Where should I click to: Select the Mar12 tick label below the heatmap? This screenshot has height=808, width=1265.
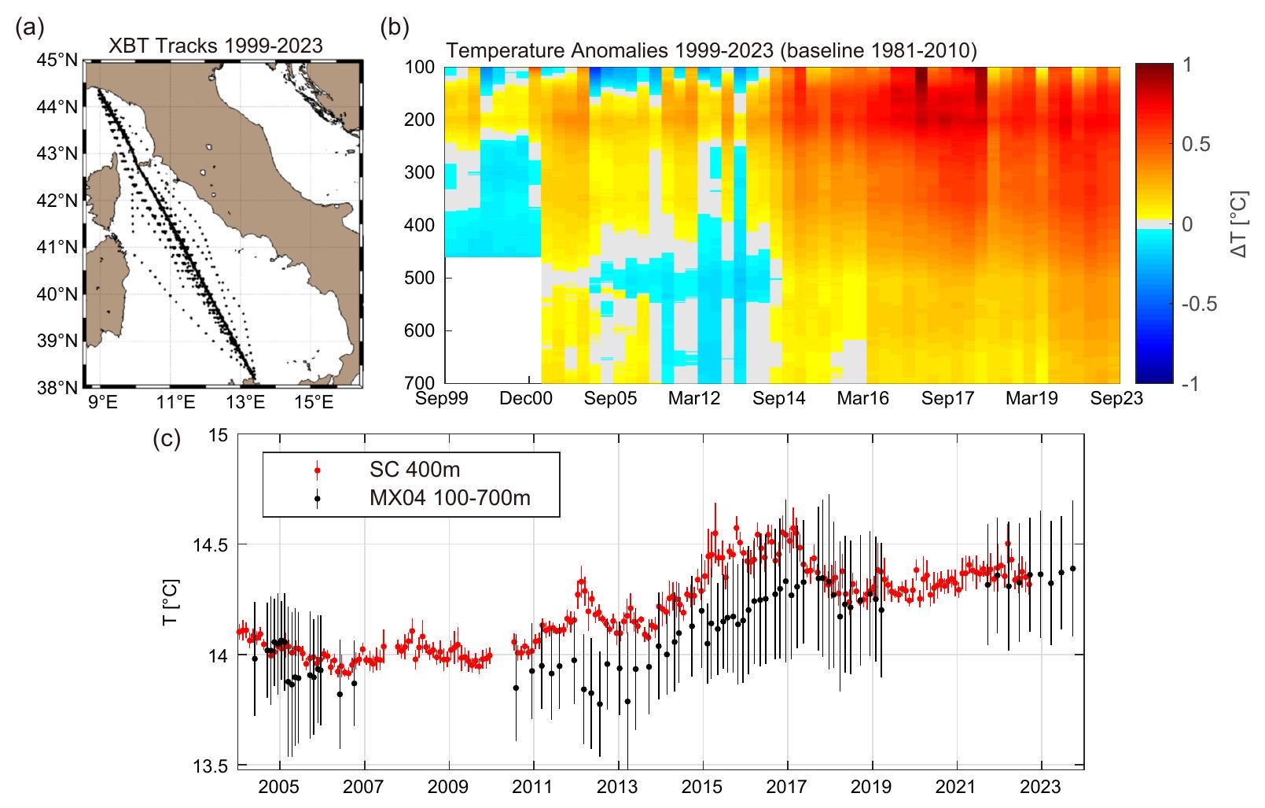[694, 399]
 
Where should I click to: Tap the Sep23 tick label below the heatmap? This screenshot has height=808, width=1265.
[1116, 399]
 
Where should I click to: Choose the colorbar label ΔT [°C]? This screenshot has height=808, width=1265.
[1241, 223]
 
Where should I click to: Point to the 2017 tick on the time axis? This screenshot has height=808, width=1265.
[788, 786]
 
